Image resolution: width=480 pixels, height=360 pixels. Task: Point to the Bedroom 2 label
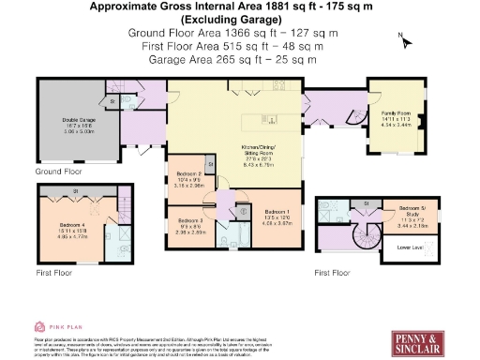(190, 178)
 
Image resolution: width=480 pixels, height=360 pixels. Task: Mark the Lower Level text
(412, 248)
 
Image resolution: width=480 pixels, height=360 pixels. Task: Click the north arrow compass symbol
(402, 40)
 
